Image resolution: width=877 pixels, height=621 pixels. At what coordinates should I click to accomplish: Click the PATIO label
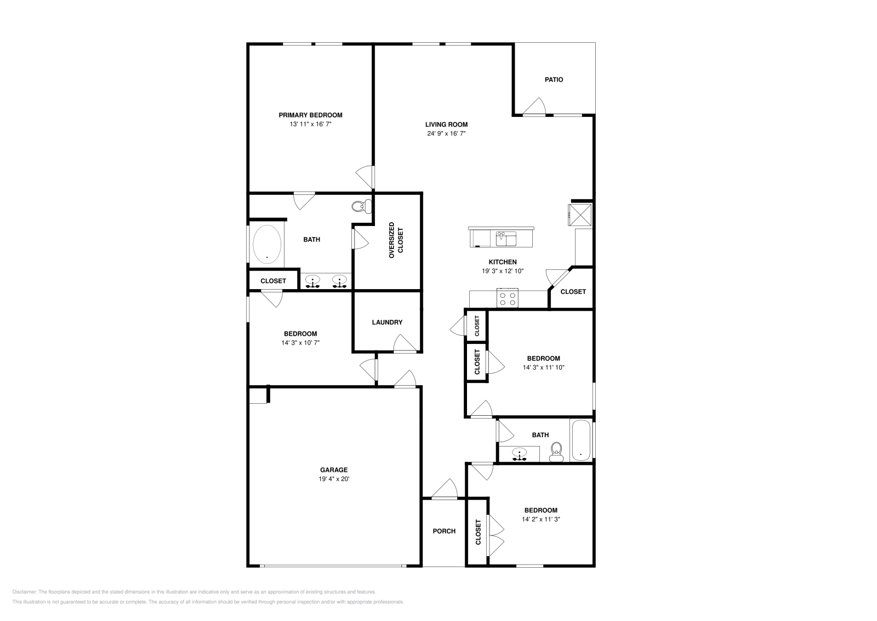554,80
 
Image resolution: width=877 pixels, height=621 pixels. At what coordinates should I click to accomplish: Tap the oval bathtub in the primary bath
267,244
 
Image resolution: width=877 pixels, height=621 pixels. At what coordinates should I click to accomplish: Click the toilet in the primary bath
359,207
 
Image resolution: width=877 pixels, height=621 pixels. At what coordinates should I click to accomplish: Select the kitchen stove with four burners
507,298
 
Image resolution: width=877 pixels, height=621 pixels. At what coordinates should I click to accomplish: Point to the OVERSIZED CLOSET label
395,240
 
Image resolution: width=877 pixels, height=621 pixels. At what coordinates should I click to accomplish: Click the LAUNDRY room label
387,322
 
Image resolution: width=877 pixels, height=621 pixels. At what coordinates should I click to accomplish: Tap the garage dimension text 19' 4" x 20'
334,479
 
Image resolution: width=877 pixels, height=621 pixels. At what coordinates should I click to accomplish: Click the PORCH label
444,531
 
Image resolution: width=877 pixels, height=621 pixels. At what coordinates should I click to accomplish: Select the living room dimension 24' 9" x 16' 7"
446,133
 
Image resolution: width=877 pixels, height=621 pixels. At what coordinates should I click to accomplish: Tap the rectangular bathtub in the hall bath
580,441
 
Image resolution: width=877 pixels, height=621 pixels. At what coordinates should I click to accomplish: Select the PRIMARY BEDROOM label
310,115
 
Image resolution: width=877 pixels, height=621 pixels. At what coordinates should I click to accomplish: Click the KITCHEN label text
503,262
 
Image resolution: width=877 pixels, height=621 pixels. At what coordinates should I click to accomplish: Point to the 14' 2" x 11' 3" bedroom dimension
540,519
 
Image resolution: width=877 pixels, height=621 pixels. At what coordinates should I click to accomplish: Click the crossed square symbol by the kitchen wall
580,213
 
